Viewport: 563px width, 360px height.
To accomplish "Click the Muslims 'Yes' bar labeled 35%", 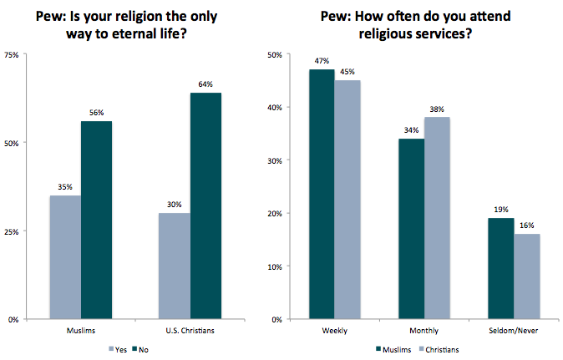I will point(65,257).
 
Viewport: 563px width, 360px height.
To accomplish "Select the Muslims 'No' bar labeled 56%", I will point(96,221).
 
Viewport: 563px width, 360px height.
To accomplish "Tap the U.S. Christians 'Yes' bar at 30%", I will point(175,266).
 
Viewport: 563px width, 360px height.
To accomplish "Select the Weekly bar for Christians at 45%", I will point(347,200).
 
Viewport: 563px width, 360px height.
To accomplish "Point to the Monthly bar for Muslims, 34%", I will point(411,229).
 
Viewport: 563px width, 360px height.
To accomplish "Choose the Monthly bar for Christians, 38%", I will point(436,218).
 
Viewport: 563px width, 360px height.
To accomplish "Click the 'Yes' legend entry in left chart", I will point(118,349).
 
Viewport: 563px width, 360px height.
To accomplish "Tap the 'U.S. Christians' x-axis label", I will point(190,332).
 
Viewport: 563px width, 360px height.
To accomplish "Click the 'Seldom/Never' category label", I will point(512,332).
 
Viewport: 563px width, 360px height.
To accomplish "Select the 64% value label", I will point(205,84).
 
